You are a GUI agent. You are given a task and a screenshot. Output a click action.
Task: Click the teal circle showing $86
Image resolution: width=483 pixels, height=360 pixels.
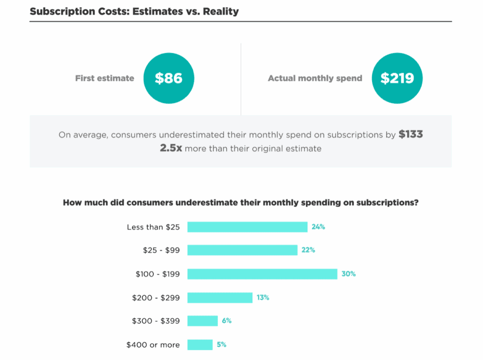point(169,78)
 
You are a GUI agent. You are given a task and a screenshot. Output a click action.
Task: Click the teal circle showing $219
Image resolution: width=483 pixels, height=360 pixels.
point(397,78)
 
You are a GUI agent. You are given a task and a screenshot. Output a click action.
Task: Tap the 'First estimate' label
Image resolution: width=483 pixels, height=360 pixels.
point(105,78)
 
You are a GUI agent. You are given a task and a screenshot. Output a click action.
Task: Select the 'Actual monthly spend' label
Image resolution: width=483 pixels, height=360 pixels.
point(315,78)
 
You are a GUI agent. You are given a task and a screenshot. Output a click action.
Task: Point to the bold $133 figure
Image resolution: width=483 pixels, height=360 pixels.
point(410,134)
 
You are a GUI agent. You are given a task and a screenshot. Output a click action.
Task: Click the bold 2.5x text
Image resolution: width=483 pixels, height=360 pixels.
point(171,149)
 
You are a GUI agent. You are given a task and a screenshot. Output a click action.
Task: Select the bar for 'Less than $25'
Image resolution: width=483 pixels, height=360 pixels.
point(247,227)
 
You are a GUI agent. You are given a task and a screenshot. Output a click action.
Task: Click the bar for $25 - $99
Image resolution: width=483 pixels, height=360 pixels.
point(242,250)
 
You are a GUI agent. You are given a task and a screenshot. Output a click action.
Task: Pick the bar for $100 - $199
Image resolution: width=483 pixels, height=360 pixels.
point(262,274)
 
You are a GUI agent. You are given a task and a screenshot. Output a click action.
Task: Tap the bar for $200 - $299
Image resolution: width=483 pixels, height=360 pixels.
point(220,298)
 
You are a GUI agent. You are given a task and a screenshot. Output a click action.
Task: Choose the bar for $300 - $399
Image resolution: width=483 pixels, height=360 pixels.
point(202,321)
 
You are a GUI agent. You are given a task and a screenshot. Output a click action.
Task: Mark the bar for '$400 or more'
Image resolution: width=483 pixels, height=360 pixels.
point(200,345)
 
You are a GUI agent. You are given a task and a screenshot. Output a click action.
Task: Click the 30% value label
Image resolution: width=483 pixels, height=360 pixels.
point(349,274)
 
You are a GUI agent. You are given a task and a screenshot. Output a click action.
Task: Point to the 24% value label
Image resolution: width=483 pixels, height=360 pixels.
point(318,227)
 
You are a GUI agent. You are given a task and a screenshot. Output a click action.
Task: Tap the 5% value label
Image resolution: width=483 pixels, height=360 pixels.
point(222,345)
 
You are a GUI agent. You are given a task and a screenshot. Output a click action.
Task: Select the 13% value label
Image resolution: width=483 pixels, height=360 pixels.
point(263,298)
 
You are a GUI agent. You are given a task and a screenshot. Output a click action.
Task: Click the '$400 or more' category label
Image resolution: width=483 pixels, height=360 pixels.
point(153,345)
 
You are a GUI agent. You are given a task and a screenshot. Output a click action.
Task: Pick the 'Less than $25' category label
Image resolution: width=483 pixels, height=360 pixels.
point(153,227)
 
